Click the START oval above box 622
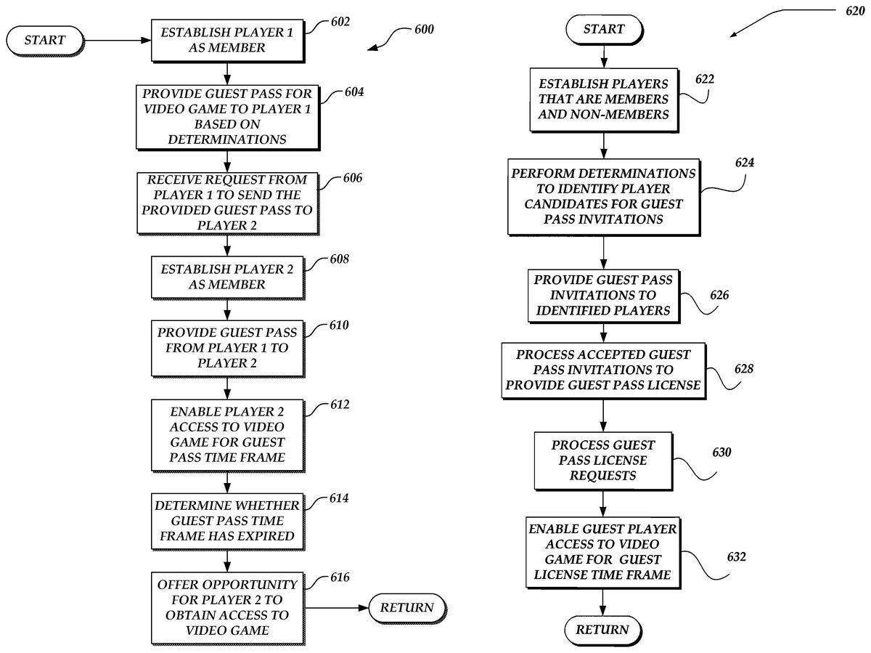(603, 29)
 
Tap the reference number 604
(354, 93)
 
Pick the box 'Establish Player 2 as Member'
(227, 276)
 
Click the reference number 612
(338, 404)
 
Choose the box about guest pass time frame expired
(227, 521)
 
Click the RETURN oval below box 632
(603, 629)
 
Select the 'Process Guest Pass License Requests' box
(602, 460)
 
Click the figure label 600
(425, 30)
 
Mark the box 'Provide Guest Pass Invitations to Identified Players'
(602, 296)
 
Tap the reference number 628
(743, 369)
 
